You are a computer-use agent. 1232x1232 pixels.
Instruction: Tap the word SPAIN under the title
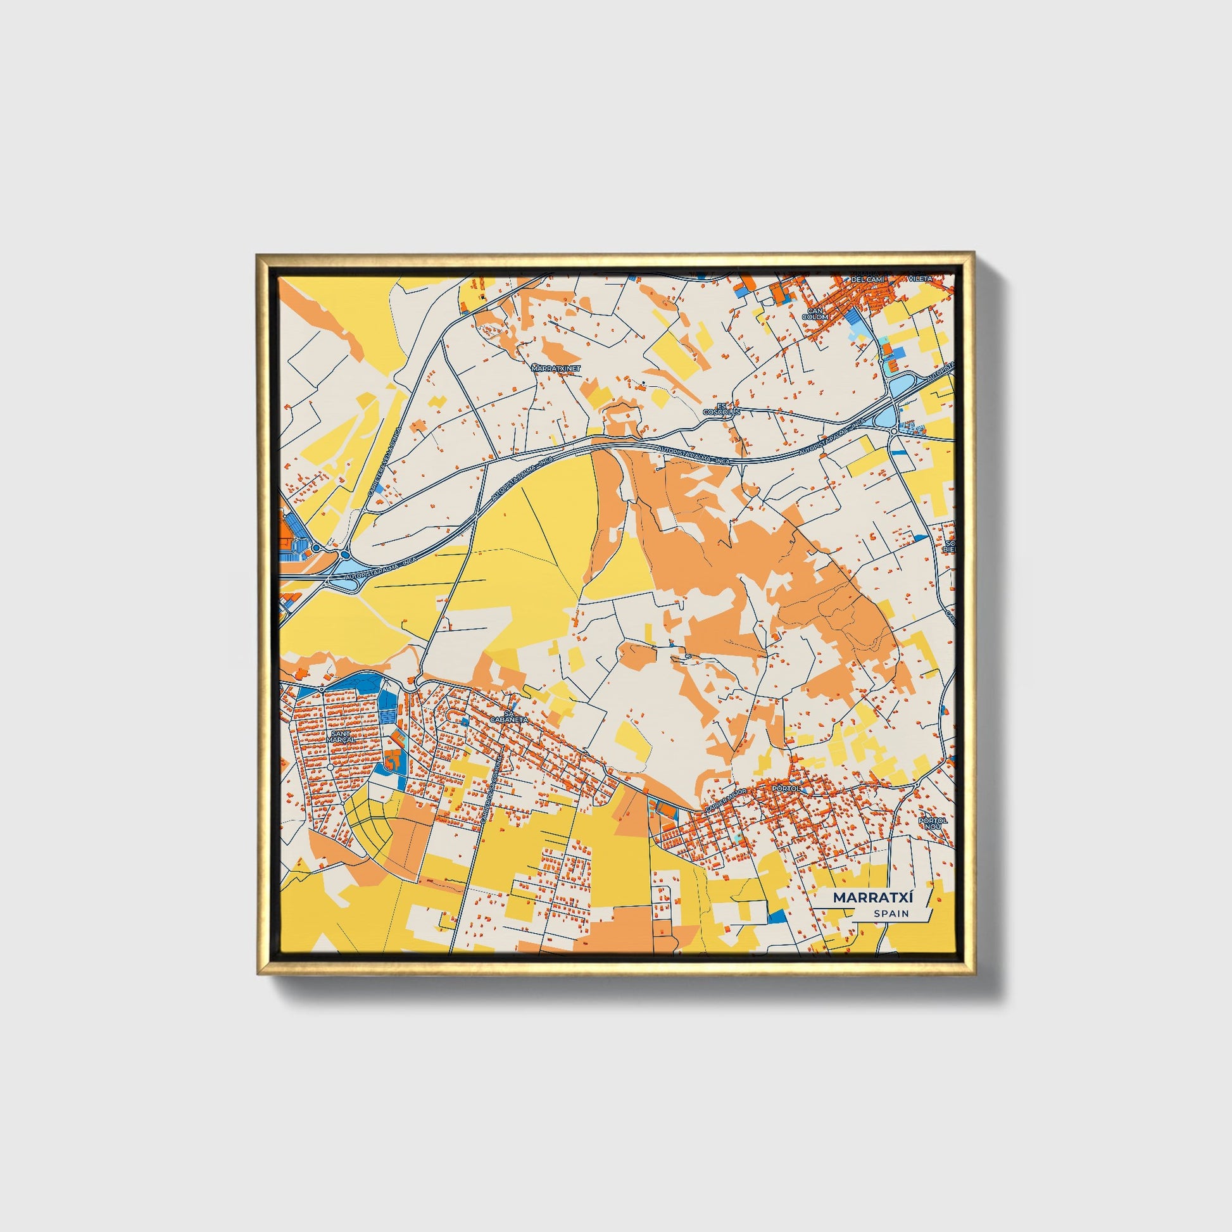tap(891, 914)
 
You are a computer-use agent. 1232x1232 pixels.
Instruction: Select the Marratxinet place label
tap(556, 368)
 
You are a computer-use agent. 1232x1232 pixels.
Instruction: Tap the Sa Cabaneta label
tap(508, 715)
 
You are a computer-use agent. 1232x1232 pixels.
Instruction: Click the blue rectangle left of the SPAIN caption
tap(777, 917)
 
